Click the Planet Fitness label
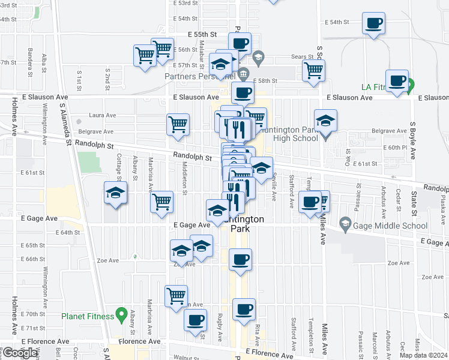coord(87,316)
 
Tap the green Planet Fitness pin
coord(121,314)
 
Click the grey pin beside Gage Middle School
coord(345,226)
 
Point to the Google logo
coord(20,353)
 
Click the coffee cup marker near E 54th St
coord(373,23)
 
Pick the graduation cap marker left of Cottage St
coord(115,193)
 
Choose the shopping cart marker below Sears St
coord(313,70)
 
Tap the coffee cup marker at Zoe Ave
coord(240,260)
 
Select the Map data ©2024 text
coord(423,355)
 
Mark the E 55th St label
coord(202,35)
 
